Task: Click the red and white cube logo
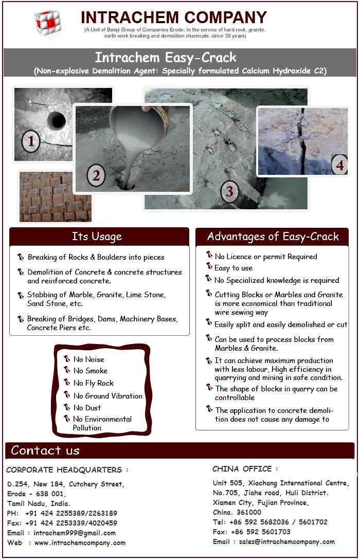point(47,22)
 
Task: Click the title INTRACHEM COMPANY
point(174,17)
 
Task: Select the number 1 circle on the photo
point(31,141)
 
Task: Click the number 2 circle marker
point(96,176)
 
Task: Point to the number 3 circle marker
point(229,192)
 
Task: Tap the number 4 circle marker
point(339,165)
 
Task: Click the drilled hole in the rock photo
point(56,120)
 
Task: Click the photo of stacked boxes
point(55,196)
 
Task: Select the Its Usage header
point(97,237)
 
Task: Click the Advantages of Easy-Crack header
point(273,237)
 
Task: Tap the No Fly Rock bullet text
point(93,383)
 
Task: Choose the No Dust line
point(87,408)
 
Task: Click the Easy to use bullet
point(233,268)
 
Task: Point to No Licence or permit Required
point(266,257)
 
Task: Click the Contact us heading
point(45,450)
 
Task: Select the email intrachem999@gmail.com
point(75,533)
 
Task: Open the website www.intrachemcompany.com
point(80,543)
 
